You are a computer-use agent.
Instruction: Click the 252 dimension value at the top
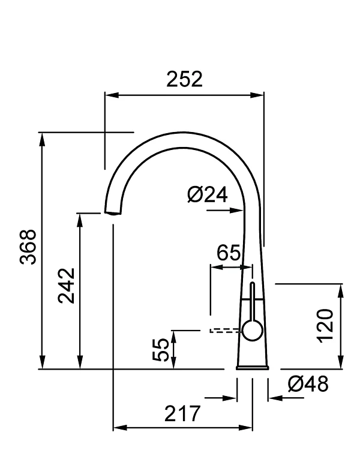coord(184,79)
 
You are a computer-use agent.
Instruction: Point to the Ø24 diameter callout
coord(206,194)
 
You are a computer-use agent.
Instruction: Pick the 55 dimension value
coord(161,350)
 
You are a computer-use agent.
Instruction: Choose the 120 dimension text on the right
coord(325,325)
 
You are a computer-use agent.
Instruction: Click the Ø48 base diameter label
coord(308,383)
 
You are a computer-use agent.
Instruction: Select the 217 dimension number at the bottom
coord(182,413)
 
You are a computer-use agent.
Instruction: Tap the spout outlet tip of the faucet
coord(112,212)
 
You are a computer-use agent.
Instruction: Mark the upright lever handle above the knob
coord(252,300)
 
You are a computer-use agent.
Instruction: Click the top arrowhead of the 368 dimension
coord(42,137)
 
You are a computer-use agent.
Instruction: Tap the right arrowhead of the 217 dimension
coord(247,428)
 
